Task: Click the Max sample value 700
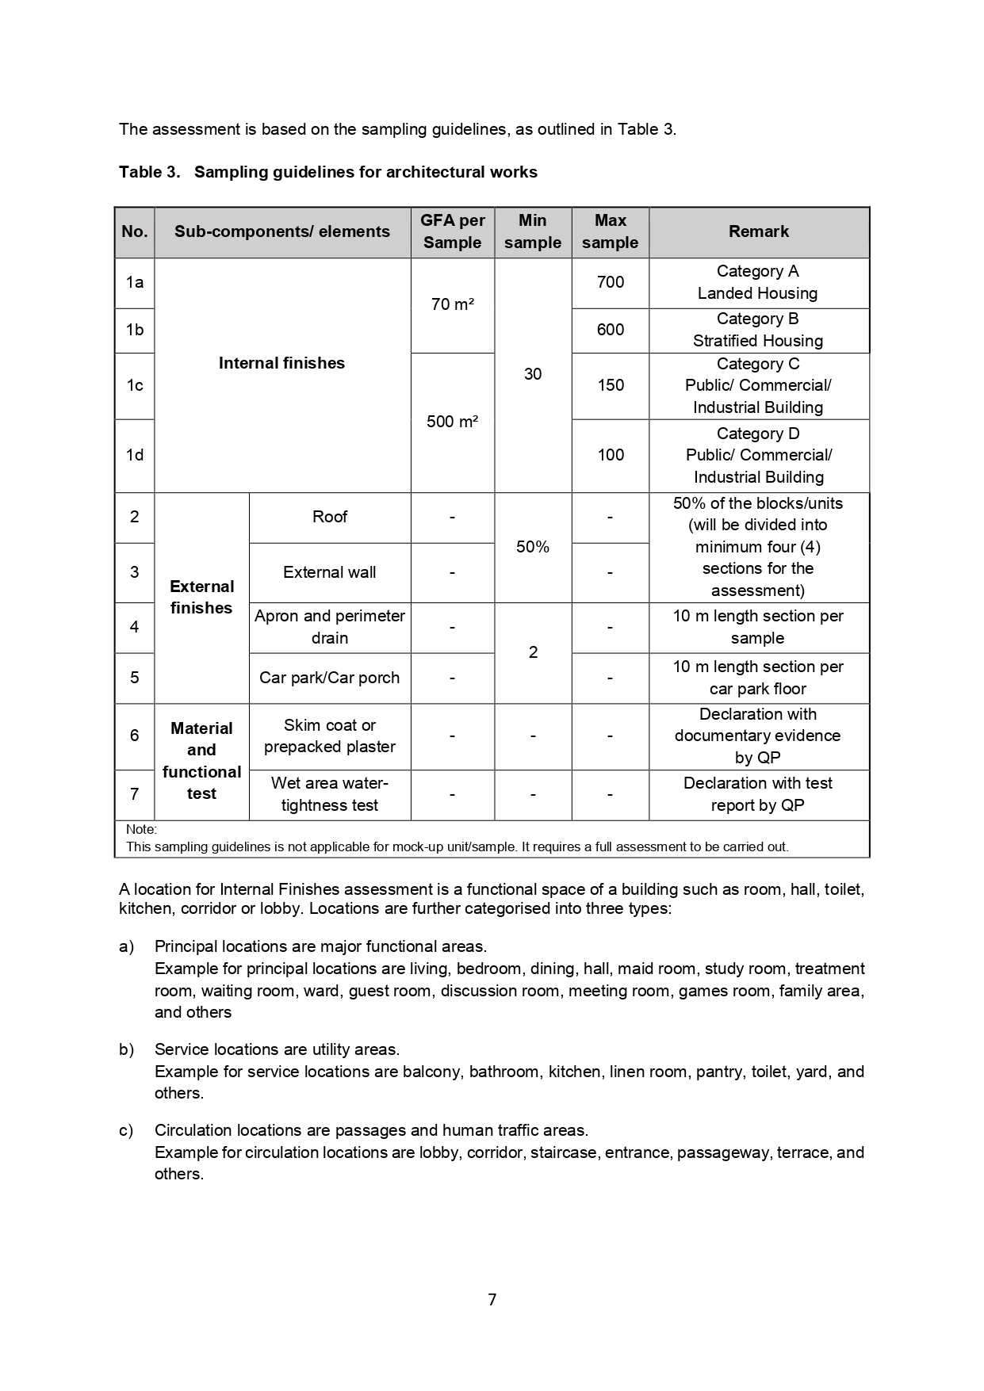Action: [x=610, y=282]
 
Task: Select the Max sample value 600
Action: [x=610, y=330]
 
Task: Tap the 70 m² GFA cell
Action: [x=452, y=304]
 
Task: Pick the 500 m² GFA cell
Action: [x=452, y=422]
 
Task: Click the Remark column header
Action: [x=758, y=231]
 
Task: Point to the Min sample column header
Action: [x=532, y=231]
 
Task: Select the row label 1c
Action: [x=135, y=385]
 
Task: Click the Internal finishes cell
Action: [x=281, y=363]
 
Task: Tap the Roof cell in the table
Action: [x=329, y=517]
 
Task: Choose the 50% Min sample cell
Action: [x=532, y=547]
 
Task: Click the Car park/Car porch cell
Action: [x=329, y=678]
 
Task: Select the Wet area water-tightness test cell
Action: [x=329, y=794]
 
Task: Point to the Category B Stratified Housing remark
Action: [x=757, y=330]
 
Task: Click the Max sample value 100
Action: [x=610, y=455]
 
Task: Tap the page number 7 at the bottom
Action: [x=492, y=1300]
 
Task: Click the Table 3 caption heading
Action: [x=327, y=172]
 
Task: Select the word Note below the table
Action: [x=141, y=829]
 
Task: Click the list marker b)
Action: [x=126, y=1049]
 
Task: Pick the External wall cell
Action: [x=329, y=572]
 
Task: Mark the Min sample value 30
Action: [x=532, y=374]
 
